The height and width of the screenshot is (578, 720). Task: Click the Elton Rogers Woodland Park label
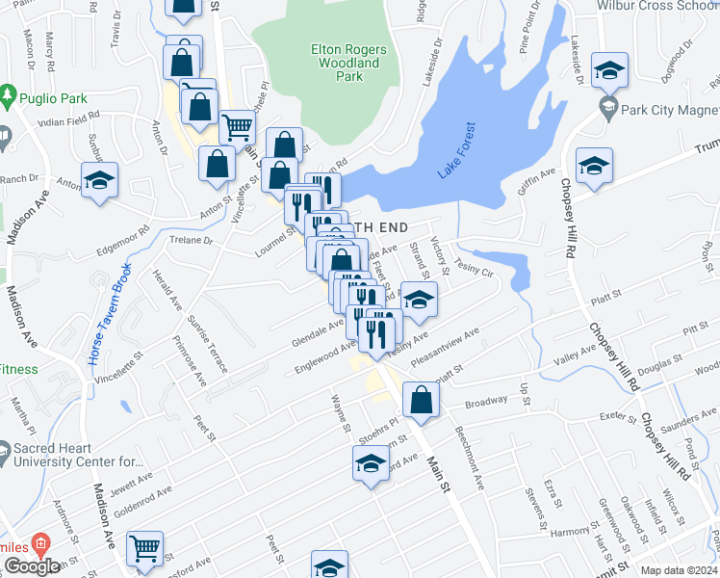click(348, 63)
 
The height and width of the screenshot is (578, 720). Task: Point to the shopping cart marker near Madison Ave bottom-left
click(144, 549)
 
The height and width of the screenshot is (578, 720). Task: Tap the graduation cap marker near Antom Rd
click(98, 181)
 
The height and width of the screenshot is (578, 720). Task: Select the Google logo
click(32, 566)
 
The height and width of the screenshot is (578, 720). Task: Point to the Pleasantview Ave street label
click(445, 348)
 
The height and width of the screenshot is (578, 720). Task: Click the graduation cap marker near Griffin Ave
click(594, 165)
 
